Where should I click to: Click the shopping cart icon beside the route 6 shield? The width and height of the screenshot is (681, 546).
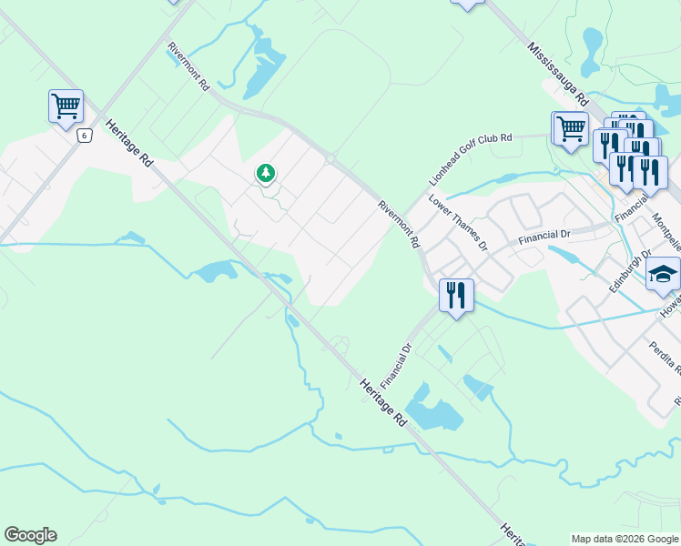[66, 106]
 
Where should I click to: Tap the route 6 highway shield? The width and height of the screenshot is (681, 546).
[85, 136]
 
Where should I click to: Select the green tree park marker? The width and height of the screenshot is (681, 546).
[266, 172]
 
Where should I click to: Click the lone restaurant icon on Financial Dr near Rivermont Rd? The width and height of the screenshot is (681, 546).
[456, 295]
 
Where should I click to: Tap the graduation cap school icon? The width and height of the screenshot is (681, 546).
[663, 273]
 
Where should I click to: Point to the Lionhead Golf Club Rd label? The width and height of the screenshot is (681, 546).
[471, 161]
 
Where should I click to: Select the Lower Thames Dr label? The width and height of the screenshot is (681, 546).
[459, 223]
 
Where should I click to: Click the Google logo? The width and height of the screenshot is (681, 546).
[30, 535]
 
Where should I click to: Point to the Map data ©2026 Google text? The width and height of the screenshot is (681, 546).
[624, 539]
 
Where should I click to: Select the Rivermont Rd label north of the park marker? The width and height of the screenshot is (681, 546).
[189, 66]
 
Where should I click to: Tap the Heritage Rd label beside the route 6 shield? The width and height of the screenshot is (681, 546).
[129, 144]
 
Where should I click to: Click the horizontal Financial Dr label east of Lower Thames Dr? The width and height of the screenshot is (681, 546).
[544, 236]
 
